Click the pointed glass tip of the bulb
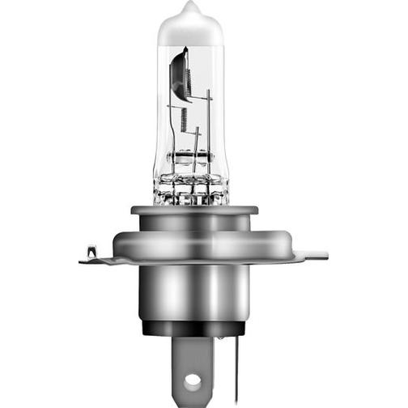(190, 8)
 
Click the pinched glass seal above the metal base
(192, 191)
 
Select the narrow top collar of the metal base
(194, 211)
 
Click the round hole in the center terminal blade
(191, 379)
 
